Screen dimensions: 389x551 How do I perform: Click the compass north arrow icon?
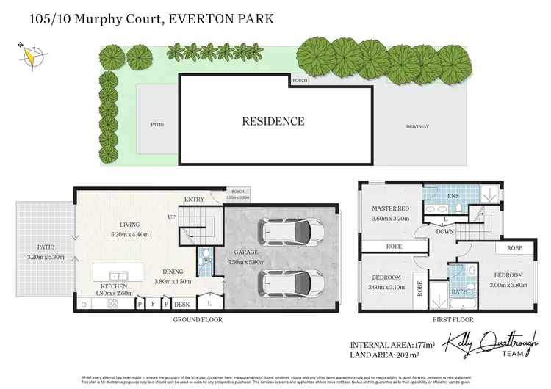pyautogui.click(x=30, y=54)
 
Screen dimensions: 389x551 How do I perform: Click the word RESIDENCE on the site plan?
pyautogui.click(x=273, y=122)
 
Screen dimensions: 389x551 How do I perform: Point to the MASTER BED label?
pyautogui.click(x=389, y=209)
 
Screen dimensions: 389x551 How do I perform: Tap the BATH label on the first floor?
pyautogui.click(x=458, y=292)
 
